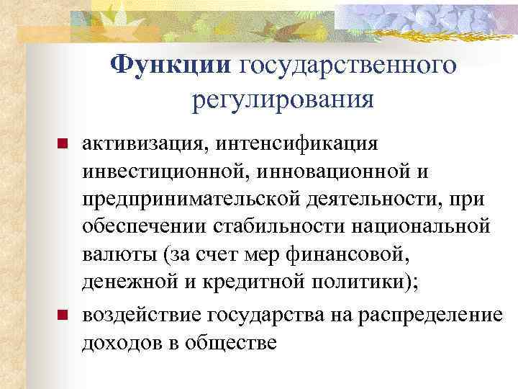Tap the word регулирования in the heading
283,100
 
